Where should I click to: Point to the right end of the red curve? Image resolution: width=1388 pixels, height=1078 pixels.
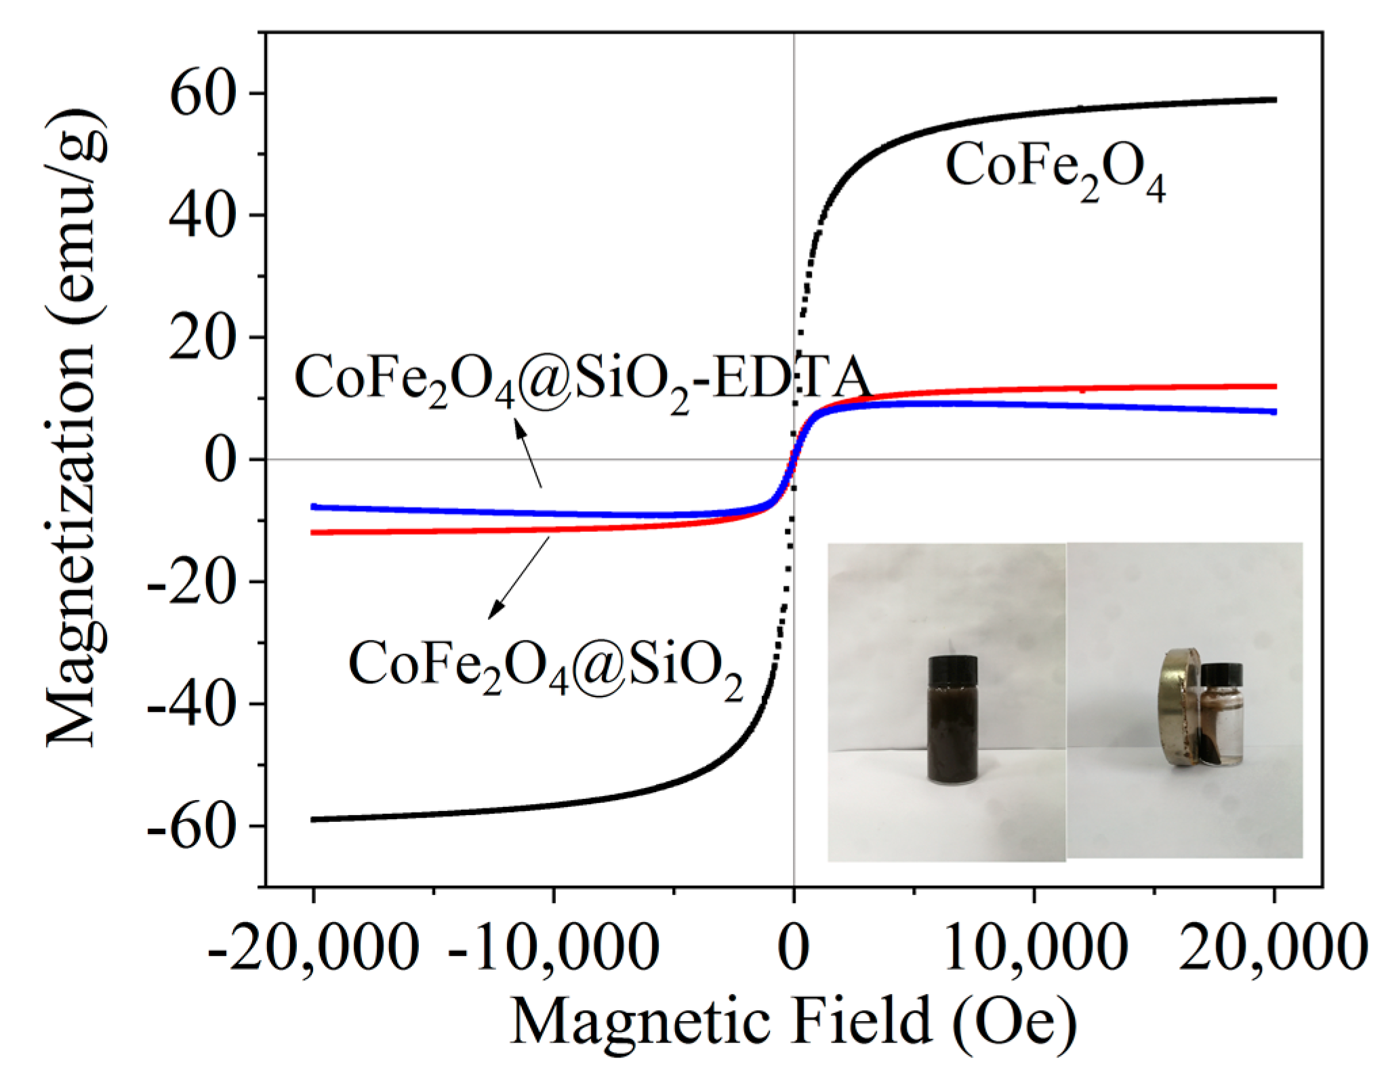pyautogui.click(x=1275, y=386)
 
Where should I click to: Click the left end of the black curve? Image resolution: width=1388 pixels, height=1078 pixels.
pyautogui.click(x=313, y=819)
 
